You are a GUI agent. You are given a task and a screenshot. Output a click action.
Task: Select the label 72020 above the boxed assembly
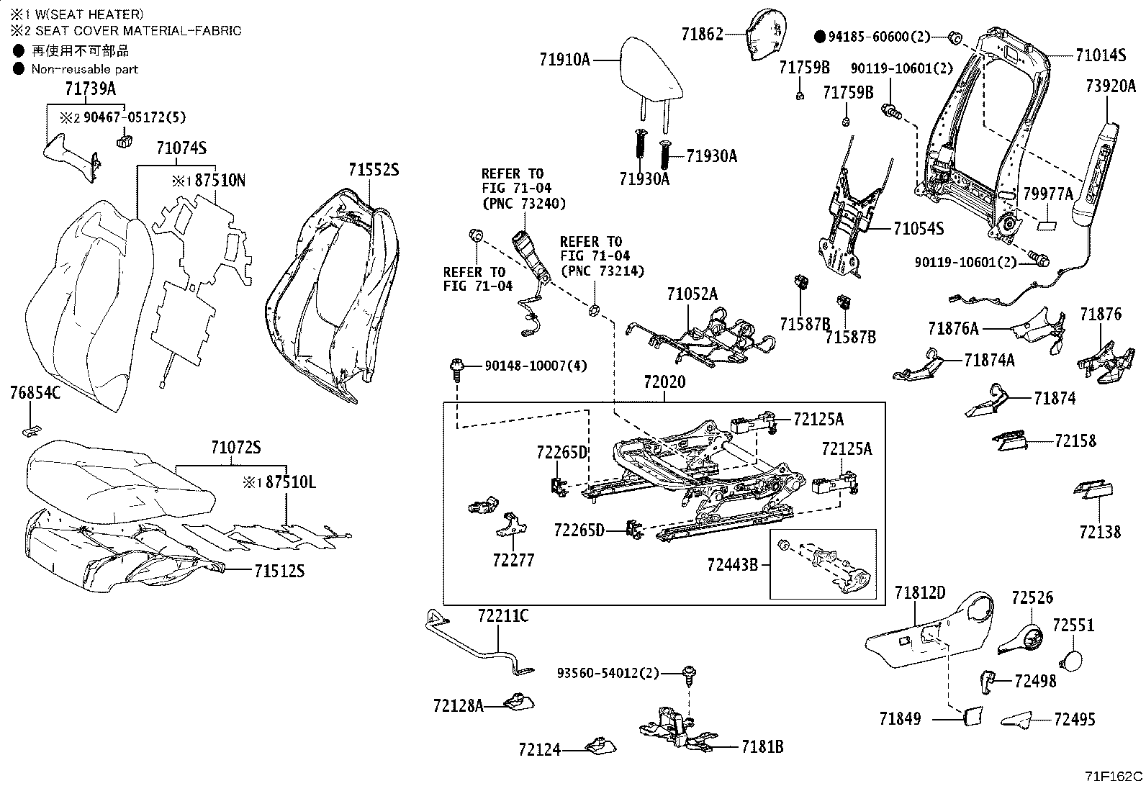pos(664,382)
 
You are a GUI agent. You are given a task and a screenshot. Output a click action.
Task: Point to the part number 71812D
pos(919,593)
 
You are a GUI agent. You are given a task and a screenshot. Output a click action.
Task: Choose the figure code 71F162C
pos(1113,777)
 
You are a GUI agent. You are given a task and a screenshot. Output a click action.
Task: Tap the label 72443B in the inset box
pos(732,564)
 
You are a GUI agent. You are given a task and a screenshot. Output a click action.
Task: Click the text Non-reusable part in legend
pos(84,69)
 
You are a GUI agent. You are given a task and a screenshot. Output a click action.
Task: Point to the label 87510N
pos(220,181)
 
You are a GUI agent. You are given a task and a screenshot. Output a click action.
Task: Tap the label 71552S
pos(374,170)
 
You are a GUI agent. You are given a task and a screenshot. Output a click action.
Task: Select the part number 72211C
pos(502,615)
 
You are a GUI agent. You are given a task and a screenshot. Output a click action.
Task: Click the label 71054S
pos(918,229)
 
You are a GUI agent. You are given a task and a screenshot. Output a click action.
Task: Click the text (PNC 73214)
pos(602,271)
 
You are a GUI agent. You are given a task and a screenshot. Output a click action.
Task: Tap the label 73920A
pos(1110,87)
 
